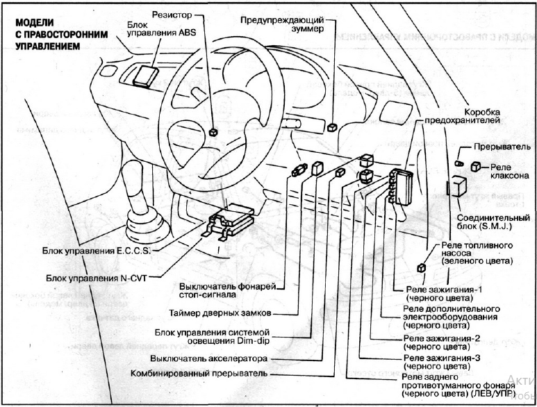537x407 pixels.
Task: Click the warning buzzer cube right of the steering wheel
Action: [x=333, y=126]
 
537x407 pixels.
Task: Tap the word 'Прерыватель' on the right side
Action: [x=503, y=147]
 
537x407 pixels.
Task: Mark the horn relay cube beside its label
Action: [x=477, y=165]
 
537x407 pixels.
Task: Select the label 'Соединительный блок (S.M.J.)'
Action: [x=495, y=222]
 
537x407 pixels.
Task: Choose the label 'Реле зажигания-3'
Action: [x=441, y=360]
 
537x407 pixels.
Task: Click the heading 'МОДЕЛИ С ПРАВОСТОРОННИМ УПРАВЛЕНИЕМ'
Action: [x=47, y=35]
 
